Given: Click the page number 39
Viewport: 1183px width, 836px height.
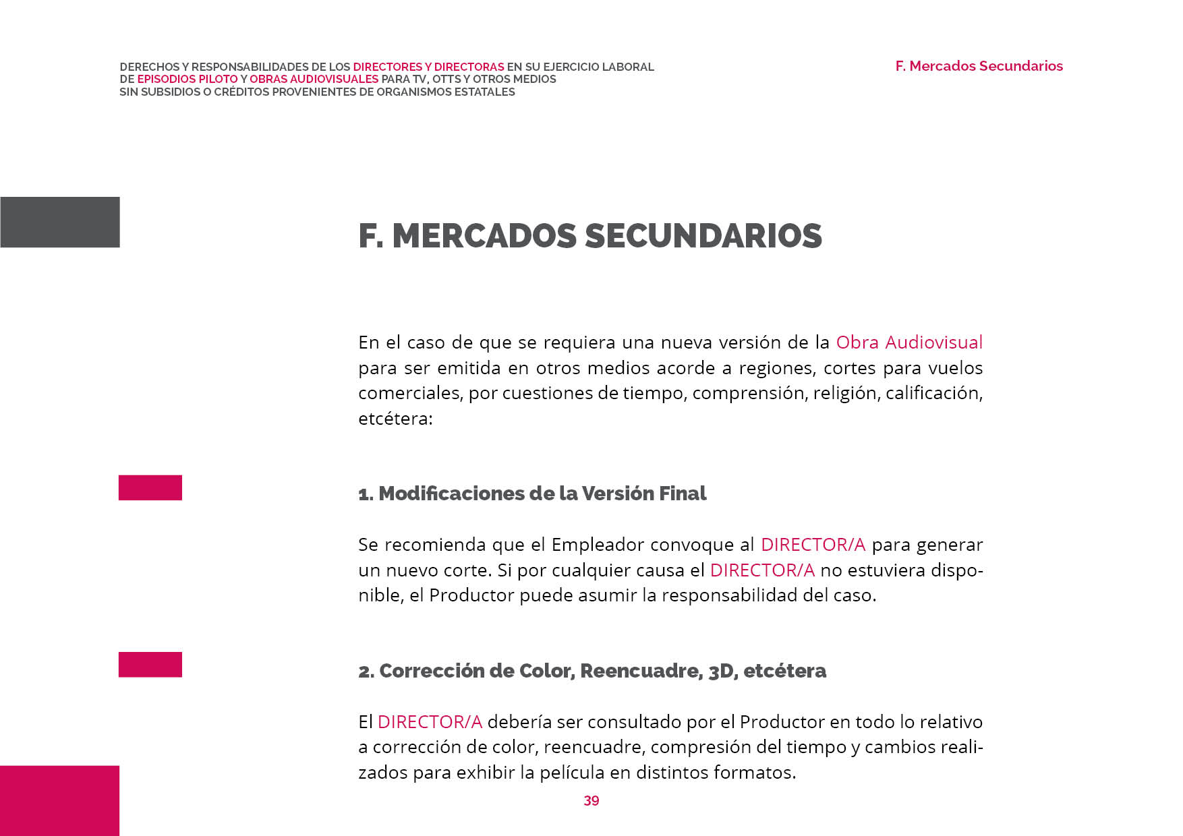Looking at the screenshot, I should tap(591, 800).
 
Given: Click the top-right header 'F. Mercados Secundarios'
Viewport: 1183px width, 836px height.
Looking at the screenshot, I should tap(979, 66).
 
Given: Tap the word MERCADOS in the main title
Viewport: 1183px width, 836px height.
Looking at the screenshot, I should tap(484, 236).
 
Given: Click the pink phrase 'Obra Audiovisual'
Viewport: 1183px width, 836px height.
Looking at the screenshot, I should tap(908, 342).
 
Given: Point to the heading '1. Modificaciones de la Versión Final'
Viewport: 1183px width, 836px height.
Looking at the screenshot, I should tap(532, 494).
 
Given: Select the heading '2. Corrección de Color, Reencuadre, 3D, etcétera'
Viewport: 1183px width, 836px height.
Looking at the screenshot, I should tap(591, 671).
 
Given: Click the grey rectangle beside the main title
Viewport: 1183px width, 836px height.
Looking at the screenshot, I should tap(60, 222).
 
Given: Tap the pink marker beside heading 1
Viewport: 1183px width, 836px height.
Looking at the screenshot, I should tap(150, 487).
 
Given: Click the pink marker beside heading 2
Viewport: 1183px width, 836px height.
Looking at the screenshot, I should tap(150, 664).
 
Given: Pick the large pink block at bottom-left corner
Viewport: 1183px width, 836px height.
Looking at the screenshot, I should tap(59, 800).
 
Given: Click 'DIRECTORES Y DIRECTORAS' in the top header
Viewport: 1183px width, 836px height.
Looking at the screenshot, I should tap(428, 67).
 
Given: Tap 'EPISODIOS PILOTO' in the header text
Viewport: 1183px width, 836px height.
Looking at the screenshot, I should tap(187, 79).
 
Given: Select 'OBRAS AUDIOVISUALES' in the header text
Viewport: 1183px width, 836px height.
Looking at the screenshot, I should tap(314, 79).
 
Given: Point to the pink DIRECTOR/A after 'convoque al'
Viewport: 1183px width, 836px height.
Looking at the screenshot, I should tap(812, 545).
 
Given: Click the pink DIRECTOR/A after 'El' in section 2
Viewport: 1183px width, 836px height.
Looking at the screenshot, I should tap(430, 722).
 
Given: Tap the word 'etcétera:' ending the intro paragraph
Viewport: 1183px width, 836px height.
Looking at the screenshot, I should tap(395, 419).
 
